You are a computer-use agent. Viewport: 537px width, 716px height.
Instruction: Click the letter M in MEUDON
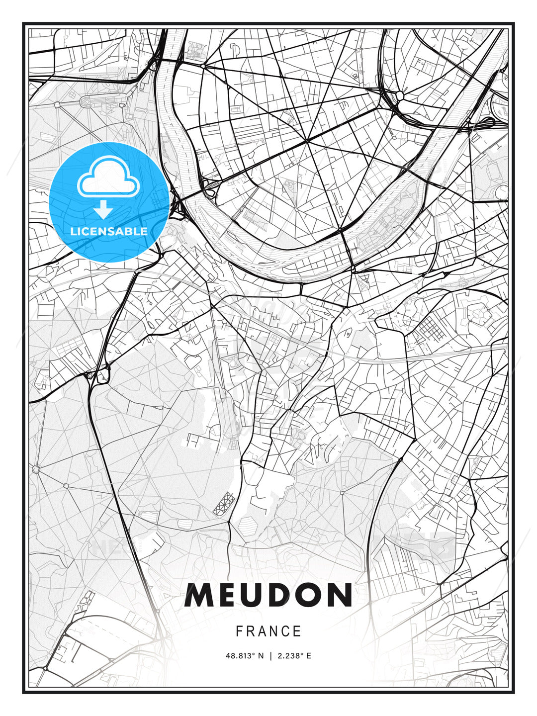(x=199, y=595)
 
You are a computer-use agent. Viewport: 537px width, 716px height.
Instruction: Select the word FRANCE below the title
(x=268, y=631)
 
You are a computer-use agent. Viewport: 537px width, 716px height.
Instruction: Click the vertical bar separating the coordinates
(x=270, y=656)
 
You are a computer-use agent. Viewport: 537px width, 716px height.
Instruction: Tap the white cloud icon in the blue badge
(x=107, y=178)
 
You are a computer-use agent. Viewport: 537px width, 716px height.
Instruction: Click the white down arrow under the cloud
(x=103, y=209)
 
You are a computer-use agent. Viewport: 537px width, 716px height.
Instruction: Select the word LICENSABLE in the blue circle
(x=109, y=231)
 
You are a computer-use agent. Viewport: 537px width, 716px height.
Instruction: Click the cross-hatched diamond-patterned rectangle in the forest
(x=224, y=504)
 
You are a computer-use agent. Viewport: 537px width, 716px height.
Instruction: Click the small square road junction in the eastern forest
(x=342, y=493)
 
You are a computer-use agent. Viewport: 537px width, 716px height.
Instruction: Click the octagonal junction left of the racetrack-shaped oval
(x=57, y=105)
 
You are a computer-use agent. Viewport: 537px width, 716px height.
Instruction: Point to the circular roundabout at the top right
(x=400, y=95)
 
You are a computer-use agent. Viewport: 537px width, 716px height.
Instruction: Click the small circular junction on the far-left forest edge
(x=36, y=468)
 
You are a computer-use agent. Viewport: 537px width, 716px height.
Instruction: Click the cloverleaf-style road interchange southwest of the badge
(x=99, y=374)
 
